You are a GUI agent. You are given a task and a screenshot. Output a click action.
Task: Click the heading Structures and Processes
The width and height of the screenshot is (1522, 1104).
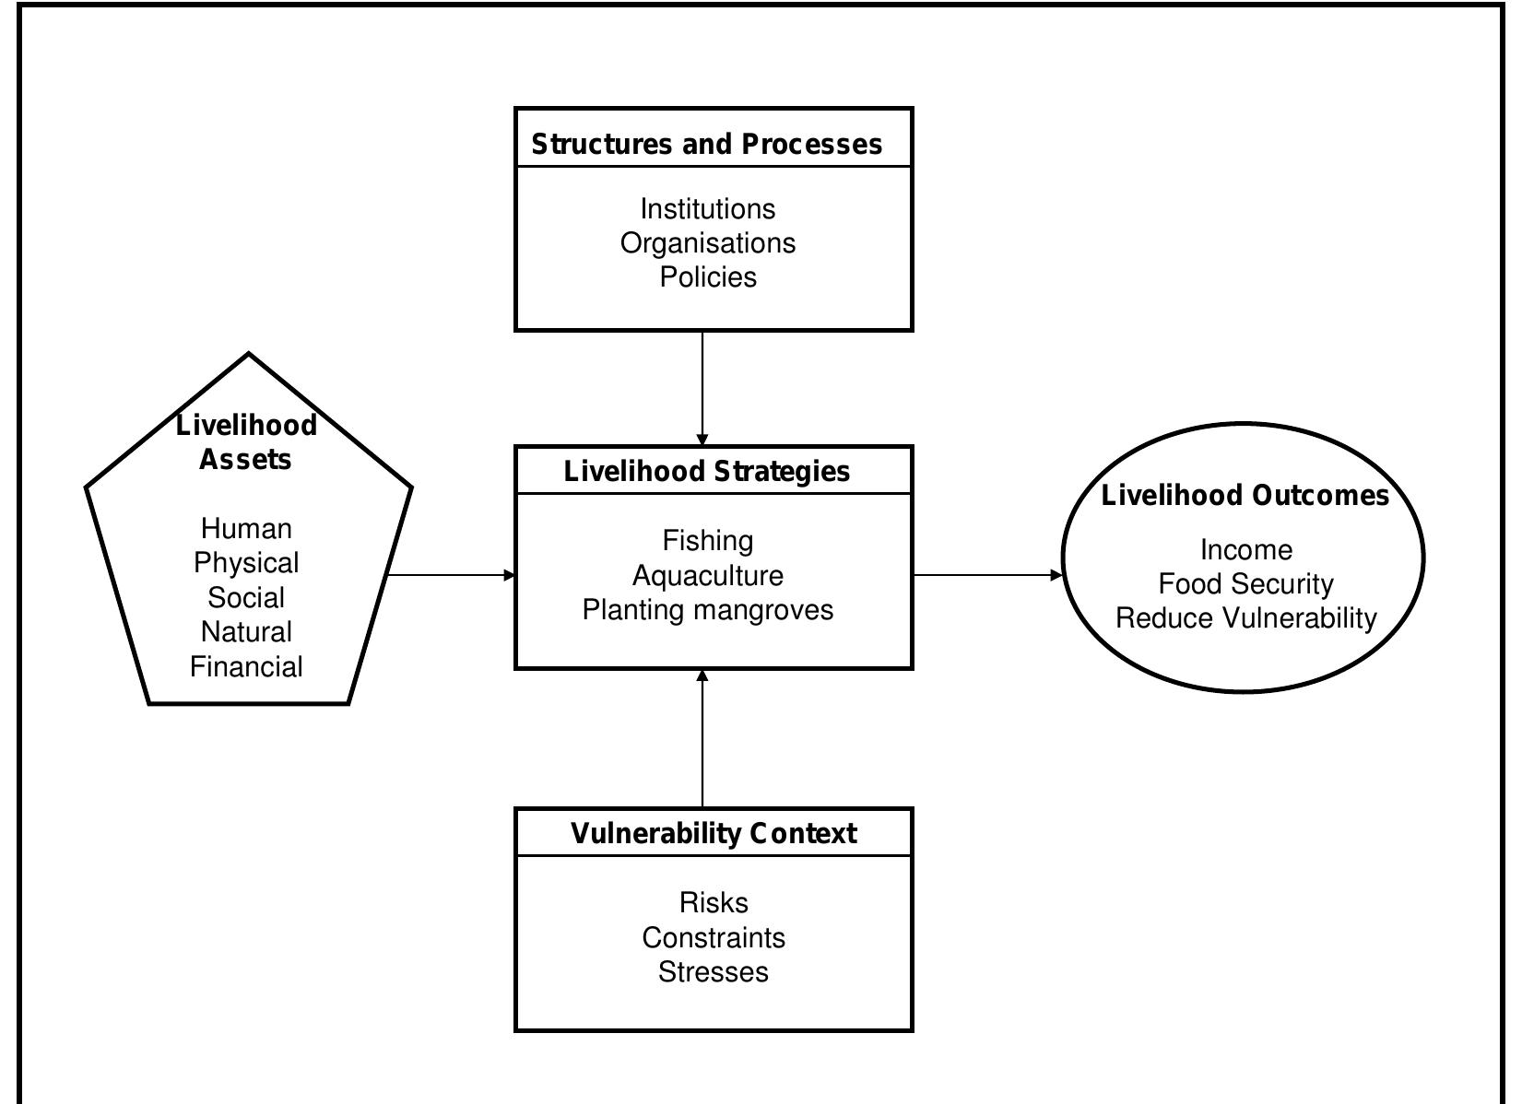(707, 145)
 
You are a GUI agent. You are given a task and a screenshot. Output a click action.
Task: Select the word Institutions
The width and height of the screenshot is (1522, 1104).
(708, 209)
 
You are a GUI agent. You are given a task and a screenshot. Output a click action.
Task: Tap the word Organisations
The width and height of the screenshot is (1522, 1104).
(708, 243)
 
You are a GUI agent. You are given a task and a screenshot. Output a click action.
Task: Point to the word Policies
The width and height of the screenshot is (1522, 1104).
(708, 277)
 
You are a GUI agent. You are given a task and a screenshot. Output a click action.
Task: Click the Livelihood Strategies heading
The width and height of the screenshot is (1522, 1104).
(707, 472)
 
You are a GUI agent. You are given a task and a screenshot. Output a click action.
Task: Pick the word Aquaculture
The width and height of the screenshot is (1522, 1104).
(708, 576)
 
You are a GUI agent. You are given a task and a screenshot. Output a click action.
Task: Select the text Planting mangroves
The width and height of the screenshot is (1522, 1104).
(708, 610)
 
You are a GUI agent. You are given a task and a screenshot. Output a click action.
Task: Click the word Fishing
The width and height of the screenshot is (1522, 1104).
(708, 541)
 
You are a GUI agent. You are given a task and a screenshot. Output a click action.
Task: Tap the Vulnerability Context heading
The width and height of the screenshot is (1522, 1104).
(714, 834)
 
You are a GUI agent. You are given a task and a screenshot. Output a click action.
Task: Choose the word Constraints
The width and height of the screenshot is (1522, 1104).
(714, 938)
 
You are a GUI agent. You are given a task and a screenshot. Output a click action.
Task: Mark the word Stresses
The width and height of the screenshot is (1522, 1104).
(714, 972)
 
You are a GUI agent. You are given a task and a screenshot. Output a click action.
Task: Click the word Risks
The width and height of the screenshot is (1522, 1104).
(714, 903)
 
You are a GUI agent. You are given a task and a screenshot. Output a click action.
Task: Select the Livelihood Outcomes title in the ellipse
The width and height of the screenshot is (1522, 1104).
(1245, 496)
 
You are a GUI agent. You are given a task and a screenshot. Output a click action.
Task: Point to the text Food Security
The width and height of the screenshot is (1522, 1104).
(1245, 584)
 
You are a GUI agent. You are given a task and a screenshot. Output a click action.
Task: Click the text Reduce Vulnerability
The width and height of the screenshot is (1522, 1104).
(1245, 618)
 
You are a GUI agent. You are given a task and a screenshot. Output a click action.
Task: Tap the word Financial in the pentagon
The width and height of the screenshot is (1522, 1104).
(246, 667)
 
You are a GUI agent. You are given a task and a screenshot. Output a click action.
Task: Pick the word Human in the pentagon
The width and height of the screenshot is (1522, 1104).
(246, 529)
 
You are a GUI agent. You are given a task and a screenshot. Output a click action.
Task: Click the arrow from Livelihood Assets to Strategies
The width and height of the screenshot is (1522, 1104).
(452, 576)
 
